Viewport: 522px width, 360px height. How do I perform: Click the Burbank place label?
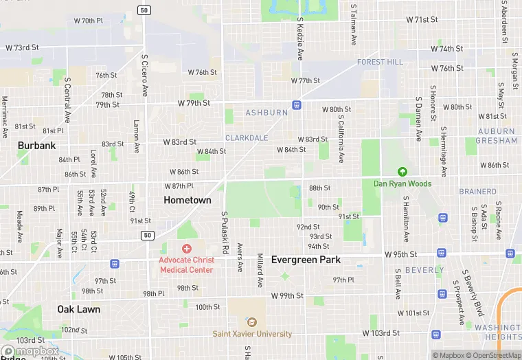pyautogui.click(x=36, y=146)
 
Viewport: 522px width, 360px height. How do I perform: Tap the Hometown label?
pyautogui.click(x=188, y=200)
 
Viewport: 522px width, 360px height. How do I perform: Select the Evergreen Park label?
pyautogui.click(x=306, y=260)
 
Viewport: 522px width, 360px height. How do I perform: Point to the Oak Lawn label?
pyautogui.click(x=78, y=309)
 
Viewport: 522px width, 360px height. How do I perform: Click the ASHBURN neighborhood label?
pyautogui.click(x=267, y=113)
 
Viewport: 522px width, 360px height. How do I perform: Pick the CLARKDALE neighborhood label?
pyautogui.click(x=247, y=138)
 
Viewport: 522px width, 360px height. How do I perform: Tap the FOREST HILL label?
pyautogui.click(x=380, y=62)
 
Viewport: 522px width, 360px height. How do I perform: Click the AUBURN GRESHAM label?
pyautogui.click(x=497, y=136)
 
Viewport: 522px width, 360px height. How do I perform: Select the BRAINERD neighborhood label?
pyautogui.click(x=478, y=192)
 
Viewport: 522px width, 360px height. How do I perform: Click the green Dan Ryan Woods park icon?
pyautogui.click(x=402, y=172)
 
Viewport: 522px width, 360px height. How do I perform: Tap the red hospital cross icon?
pyautogui.click(x=186, y=248)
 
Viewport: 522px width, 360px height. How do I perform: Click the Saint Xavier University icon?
pyautogui.click(x=251, y=322)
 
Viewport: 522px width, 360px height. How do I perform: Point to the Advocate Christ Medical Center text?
pyautogui.click(x=187, y=265)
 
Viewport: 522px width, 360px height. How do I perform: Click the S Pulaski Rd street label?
pyautogui.click(x=224, y=232)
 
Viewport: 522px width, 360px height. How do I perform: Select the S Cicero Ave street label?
pyautogui.click(x=145, y=75)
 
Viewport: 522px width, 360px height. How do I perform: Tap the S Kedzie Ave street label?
pyautogui.click(x=299, y=40)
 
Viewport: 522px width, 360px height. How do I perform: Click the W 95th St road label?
pyautogui.click(x=400, y=254)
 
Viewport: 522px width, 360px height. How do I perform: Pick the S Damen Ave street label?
pyautogui.click(x=418, y=118)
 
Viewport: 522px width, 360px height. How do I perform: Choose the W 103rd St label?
pyautogui.click(x=381, y=333)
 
